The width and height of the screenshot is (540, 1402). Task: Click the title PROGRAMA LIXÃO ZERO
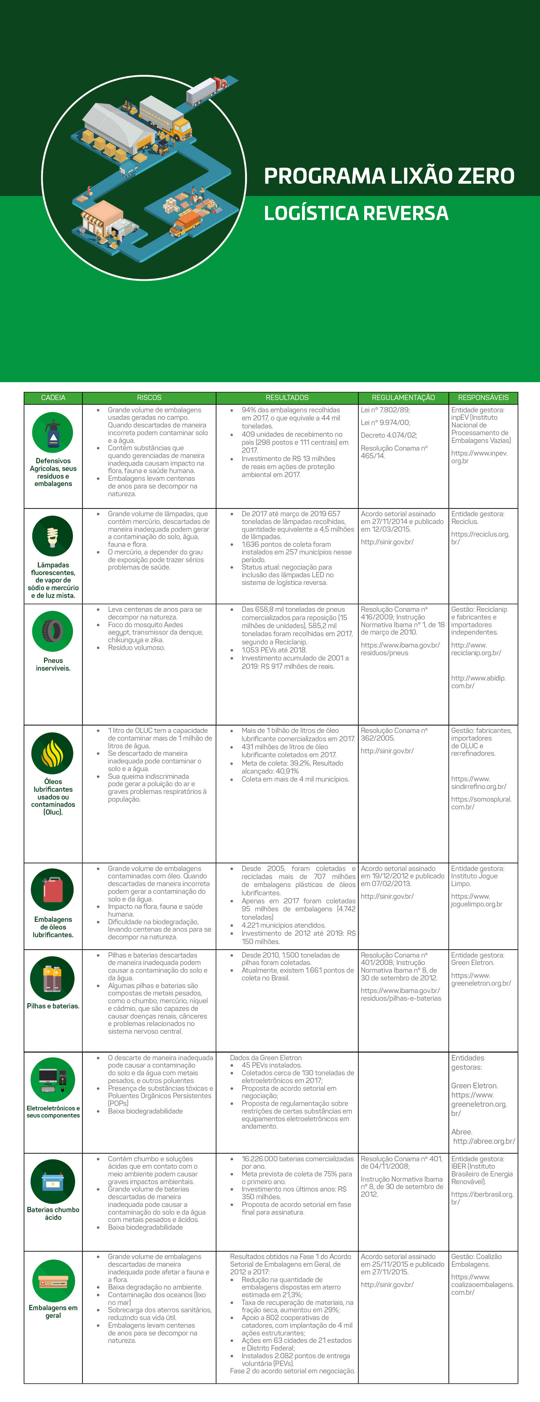click(x=389, y=176)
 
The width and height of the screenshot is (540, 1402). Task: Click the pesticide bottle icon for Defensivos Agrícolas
click(x=53, y=433)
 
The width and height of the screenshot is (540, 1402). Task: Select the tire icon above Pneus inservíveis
click(x=53, y=631)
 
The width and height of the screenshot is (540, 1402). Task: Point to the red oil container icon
click(x=53, y=889)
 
